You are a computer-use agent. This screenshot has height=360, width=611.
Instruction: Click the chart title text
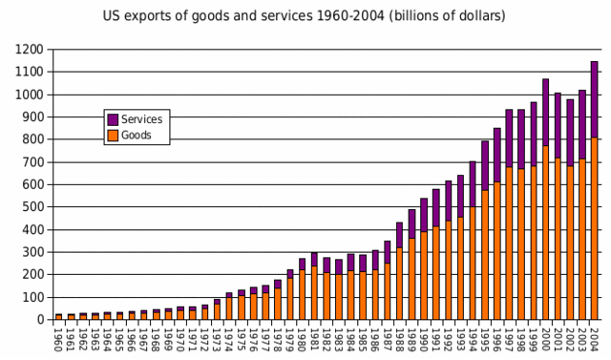pyautogui.click(x=305, y=16)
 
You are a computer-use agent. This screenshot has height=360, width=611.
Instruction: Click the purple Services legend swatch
pyautogui.click(x=113, y=119)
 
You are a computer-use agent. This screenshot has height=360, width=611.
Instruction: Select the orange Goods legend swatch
pyautogui.click(x=113, y=136)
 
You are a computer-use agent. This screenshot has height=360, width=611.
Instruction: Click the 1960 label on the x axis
pyautogui.click(x=59, y=339)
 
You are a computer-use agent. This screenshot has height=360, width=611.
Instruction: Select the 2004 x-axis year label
pyautogui.click(x=594, y=339)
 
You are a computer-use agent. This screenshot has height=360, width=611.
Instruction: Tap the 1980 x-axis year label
pyautogui.click(x=303, y=339)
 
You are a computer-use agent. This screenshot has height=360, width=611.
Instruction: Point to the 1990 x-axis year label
pyautogui.click(x=424, y=339)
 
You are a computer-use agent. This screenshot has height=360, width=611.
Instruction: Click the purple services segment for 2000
pyautogui.click(x=545, y=113)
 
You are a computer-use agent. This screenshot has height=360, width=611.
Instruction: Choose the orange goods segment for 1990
pyautogui.click(x=424, y=276)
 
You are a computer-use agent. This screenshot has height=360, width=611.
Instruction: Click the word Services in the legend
pyautogui.click(x=142, y=119)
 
